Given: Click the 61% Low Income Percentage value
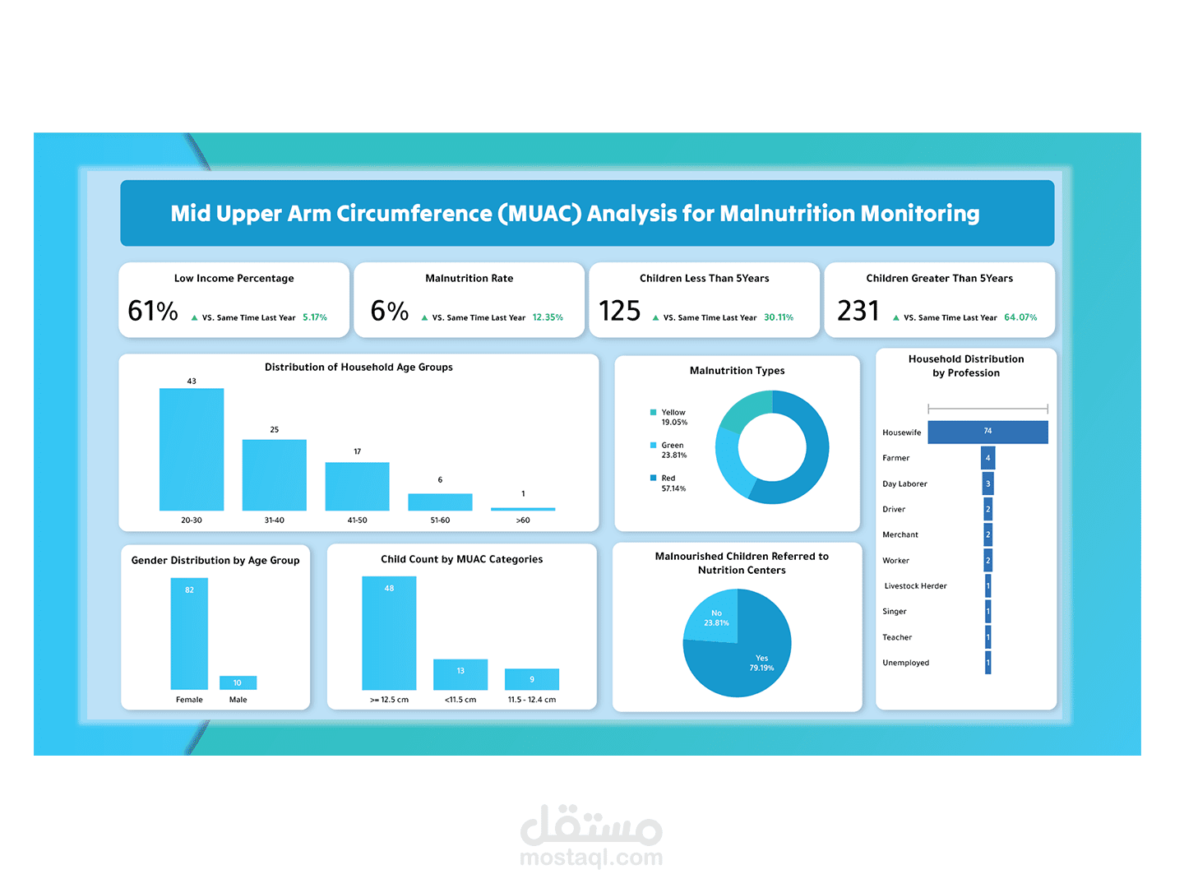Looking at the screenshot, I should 153,311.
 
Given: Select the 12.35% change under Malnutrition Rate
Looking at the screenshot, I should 548,317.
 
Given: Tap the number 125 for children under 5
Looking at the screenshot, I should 619,311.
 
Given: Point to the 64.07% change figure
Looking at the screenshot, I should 1020,317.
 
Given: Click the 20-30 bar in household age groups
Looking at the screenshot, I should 192,449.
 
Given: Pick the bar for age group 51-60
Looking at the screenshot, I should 440,502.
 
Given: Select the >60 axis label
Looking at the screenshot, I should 523,520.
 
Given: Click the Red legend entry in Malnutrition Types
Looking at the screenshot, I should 668,479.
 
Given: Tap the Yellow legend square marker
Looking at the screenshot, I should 654,413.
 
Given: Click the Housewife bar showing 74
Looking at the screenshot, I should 987,432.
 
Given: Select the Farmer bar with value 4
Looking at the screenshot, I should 987,458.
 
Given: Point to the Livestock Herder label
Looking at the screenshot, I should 915,586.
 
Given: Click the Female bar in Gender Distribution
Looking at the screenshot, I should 189,633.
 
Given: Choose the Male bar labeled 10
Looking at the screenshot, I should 238,682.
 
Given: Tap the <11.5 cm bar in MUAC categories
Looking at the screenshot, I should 460,674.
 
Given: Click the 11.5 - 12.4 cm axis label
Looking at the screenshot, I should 532,700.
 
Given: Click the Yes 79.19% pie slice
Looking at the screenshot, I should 748,662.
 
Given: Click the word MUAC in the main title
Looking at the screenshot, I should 539,214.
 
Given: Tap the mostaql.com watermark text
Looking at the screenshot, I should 591,858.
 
